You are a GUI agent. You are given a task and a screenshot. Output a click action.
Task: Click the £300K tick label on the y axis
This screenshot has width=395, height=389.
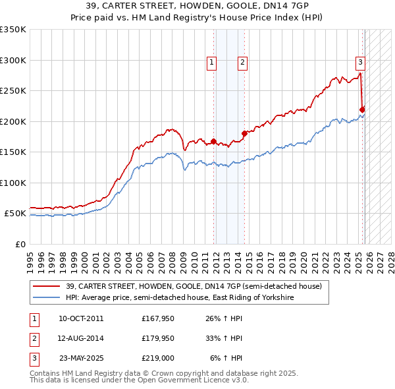coord(13,60)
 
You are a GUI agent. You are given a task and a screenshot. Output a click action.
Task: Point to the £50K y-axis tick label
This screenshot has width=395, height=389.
coord(15,214)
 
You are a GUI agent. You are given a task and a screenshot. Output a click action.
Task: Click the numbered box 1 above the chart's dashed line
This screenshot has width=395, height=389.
coord(212,63)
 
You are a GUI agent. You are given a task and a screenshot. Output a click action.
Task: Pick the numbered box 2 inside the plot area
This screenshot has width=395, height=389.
coord(243,63)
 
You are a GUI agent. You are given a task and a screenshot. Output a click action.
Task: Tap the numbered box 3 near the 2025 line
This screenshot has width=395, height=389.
coord(361,63)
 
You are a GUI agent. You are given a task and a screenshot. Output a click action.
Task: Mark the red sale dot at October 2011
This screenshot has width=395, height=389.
coord(213,141)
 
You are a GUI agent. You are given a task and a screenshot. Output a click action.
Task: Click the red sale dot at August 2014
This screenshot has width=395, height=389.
coord(244,133)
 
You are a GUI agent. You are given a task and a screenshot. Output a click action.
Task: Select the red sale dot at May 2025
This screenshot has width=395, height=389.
coord(363,109)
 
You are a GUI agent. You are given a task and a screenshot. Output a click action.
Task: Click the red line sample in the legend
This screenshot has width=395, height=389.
coord(46,286)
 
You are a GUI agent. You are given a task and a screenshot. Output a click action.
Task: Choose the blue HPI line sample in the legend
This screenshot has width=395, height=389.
coord(46,298)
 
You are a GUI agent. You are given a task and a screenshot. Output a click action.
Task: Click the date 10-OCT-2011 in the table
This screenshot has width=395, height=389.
coord(81,318)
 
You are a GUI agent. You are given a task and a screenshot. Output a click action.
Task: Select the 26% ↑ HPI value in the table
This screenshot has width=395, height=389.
coord(224,318)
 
